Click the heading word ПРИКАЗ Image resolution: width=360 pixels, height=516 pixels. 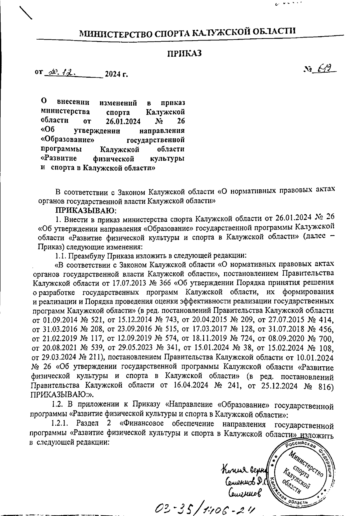click(x=184, y=53)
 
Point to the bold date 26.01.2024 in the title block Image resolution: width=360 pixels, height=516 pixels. click(x=123, y=121)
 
